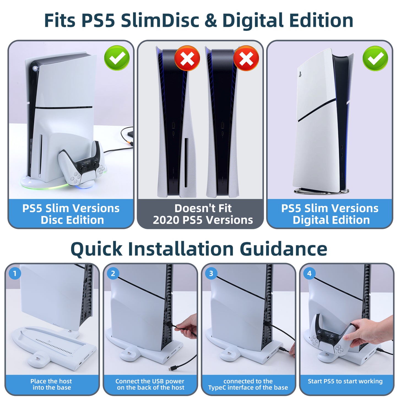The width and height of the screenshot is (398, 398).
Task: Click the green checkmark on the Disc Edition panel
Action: (117, 58)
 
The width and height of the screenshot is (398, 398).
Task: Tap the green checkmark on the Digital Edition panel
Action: (375, 58)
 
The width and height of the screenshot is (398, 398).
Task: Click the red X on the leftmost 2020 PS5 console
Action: (187, 58)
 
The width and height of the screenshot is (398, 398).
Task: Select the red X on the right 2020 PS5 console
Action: (246, 58)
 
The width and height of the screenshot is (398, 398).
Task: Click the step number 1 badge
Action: (15, 274)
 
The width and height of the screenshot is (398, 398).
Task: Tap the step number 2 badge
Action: (113, 274)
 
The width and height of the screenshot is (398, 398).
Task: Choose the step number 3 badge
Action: (211, 274)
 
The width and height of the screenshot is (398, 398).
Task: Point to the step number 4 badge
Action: (309, 274)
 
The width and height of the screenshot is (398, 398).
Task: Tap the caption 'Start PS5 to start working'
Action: (345, 381)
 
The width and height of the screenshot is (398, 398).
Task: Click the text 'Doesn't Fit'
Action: (203, 208)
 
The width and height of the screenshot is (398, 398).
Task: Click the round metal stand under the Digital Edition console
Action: (322, 191)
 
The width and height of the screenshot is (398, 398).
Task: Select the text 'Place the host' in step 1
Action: (51, 381)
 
